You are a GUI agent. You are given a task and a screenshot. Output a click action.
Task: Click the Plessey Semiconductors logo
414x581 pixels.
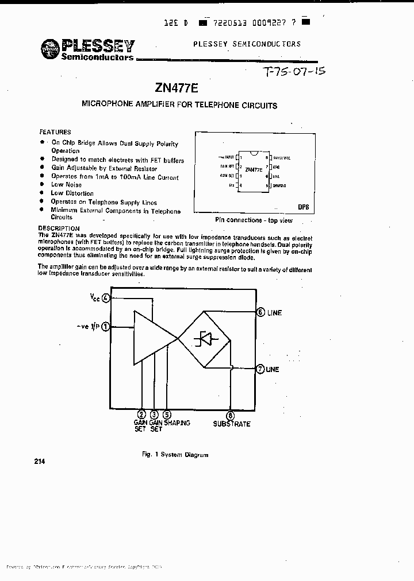tap(88, 49)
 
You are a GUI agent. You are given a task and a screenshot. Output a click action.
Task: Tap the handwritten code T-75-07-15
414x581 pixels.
tap(293, 72)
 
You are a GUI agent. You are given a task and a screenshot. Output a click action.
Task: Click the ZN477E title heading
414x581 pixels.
tap(176, 88)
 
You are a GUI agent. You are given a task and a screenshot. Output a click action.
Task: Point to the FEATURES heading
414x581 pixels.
tap(55, 131)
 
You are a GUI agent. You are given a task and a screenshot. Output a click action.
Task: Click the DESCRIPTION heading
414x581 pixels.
tap(59, 228)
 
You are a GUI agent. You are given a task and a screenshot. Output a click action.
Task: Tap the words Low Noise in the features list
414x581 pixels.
tap(67, 185)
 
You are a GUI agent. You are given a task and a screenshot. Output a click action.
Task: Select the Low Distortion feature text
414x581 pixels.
tap(72, 193)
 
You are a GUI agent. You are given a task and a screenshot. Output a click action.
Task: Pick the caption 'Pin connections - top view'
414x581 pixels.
tap(254, 220)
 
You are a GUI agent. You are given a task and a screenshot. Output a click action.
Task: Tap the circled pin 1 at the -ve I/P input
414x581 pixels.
tap(106, 327)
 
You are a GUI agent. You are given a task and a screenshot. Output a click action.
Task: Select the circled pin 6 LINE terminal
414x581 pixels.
tap(260, 312)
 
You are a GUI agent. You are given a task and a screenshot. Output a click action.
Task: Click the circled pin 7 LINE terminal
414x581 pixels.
tap(260, 369)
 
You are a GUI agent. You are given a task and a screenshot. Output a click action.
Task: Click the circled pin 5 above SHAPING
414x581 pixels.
tap(167, 415)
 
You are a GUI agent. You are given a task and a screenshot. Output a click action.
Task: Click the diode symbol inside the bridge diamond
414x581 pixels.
tap(205, 339)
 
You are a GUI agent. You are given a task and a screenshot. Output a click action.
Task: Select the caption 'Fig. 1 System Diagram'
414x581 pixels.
tap(175, 455)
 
